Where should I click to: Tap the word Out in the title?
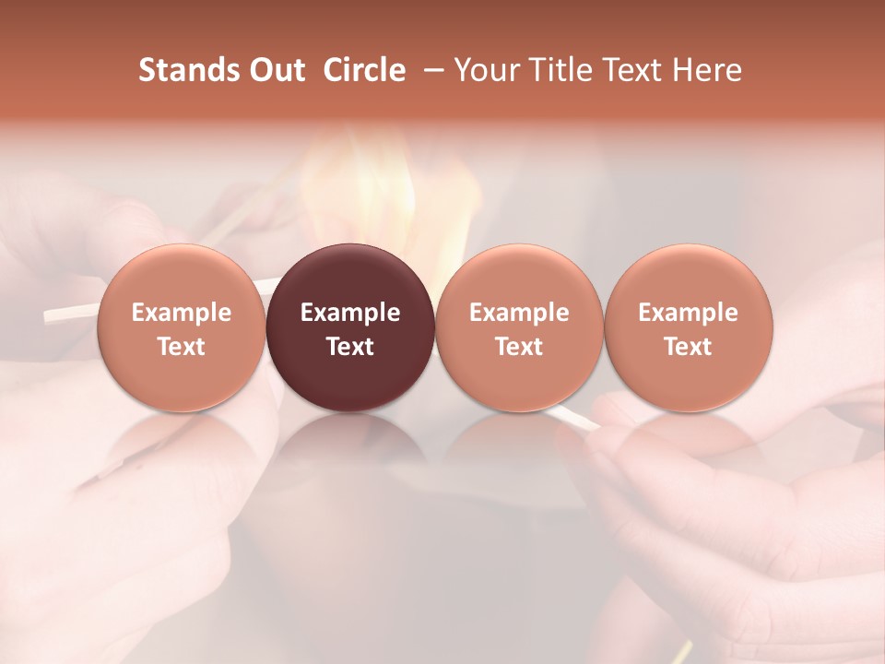pos(274,70)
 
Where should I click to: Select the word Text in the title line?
pos(629,70)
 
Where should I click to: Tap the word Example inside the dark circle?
pos(350,313)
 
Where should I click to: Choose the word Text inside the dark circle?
pos(350,347)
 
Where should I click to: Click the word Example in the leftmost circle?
pos(181,313)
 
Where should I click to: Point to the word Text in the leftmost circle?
pos(181,347)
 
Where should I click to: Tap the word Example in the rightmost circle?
pos(689,313)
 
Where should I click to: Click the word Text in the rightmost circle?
pos(689,347)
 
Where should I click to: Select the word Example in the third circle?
pos(519,313)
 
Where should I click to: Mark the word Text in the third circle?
pos(519,347)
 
